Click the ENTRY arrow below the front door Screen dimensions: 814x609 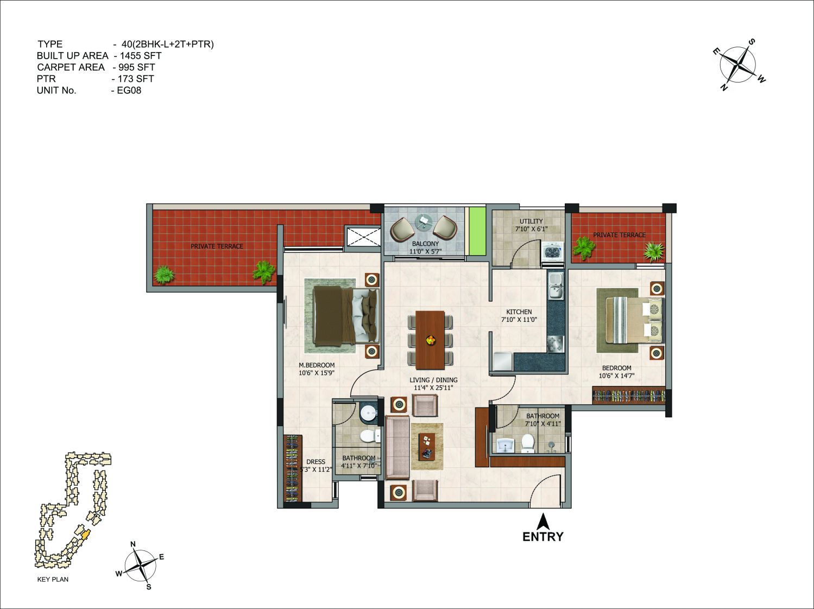coord(543,521)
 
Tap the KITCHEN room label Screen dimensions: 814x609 coord(519,312)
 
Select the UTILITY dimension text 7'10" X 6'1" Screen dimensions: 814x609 coord(531,229)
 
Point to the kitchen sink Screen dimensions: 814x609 coord(556,286)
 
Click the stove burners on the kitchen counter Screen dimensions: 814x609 coord(556,344)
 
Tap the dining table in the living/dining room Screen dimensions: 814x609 coord(430,340)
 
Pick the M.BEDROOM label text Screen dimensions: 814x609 coord(317,365)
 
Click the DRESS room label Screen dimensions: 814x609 coord(315,462)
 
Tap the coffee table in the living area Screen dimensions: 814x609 coord(427,447)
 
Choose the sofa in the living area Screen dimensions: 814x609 coord(397,447)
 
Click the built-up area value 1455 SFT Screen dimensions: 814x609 coord(141,56)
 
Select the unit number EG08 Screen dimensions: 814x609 coord(129,91)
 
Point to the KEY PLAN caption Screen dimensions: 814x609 coord(53,579)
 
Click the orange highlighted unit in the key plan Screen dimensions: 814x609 coord(86,535)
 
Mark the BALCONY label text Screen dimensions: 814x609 coord(425,244)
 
